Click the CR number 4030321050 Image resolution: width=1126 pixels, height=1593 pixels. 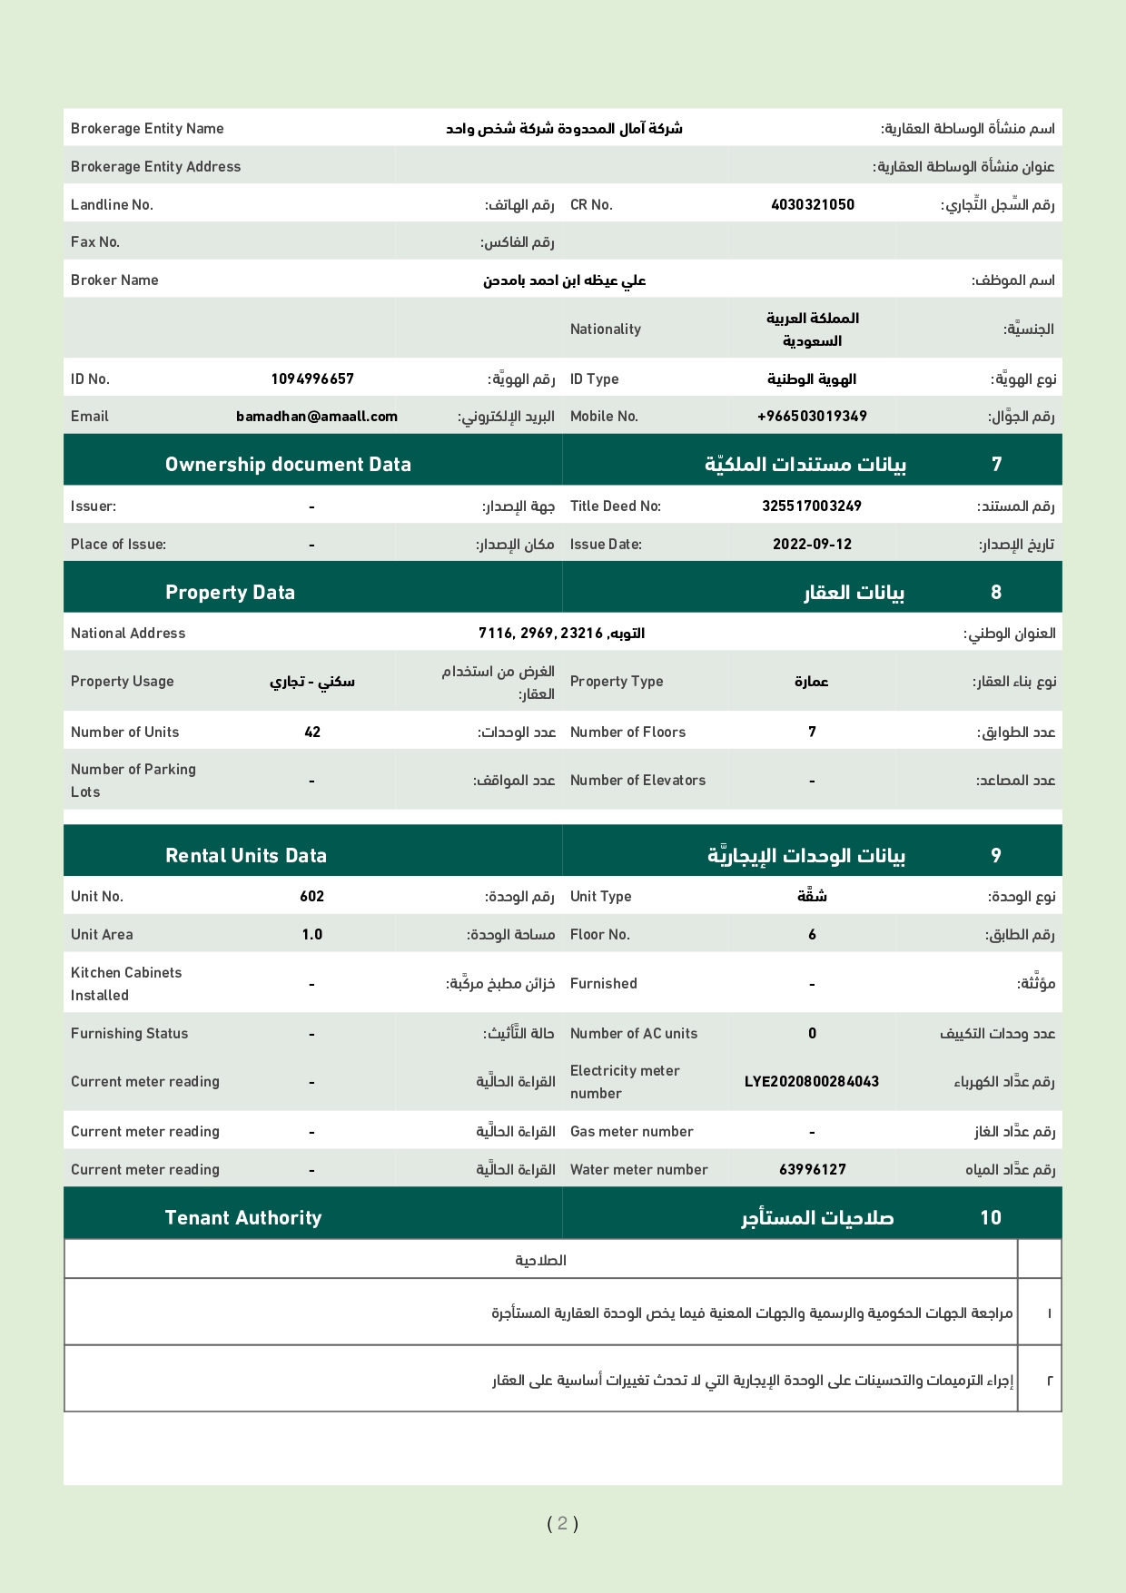coord(812,204)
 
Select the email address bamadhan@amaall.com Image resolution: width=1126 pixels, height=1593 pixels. coord(317,417)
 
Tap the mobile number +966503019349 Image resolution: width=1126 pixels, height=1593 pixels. coord(812,417)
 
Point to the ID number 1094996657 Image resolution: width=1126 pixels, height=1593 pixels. coord(312,379)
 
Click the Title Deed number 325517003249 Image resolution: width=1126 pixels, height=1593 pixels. coord(812,506)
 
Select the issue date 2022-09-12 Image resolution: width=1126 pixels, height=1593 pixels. coord(812,544)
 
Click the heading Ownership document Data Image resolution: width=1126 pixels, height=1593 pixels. coord(288,464)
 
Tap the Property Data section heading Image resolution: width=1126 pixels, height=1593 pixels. coord(230,592)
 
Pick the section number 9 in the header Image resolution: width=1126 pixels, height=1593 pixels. coord(996,855)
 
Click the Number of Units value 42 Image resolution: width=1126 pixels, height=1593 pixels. coord(312,732)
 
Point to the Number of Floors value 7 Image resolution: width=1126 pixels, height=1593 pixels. coord(812,732)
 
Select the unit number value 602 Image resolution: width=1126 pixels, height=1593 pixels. coord(311,896)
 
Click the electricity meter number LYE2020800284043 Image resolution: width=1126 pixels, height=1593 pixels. coord(812,1081)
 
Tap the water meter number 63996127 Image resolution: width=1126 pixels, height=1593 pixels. coord(812,1169)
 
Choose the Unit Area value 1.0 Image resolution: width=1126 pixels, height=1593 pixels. coord(311,934)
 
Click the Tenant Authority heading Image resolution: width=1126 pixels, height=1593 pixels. coord(243,1217)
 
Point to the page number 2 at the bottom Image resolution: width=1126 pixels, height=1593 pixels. coord(563,1523)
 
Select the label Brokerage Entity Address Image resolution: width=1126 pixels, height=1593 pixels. coord(155,166)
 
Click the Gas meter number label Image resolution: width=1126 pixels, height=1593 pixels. coord(631,1131)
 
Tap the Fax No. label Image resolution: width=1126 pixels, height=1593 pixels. coord(95,241)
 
